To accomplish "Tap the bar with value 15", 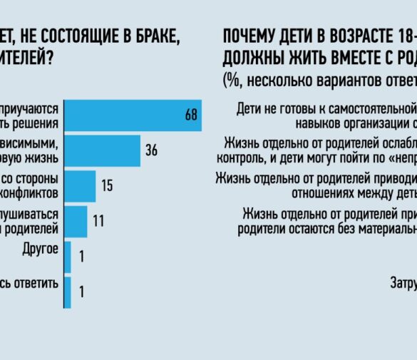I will (80, 186).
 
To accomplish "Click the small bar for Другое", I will (67, 257).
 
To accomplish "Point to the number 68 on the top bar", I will (190, 115).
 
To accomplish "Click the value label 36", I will (151, 151).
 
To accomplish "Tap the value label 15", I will (107, 186).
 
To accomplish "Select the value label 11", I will (98, 221).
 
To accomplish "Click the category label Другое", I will (41, 250).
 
